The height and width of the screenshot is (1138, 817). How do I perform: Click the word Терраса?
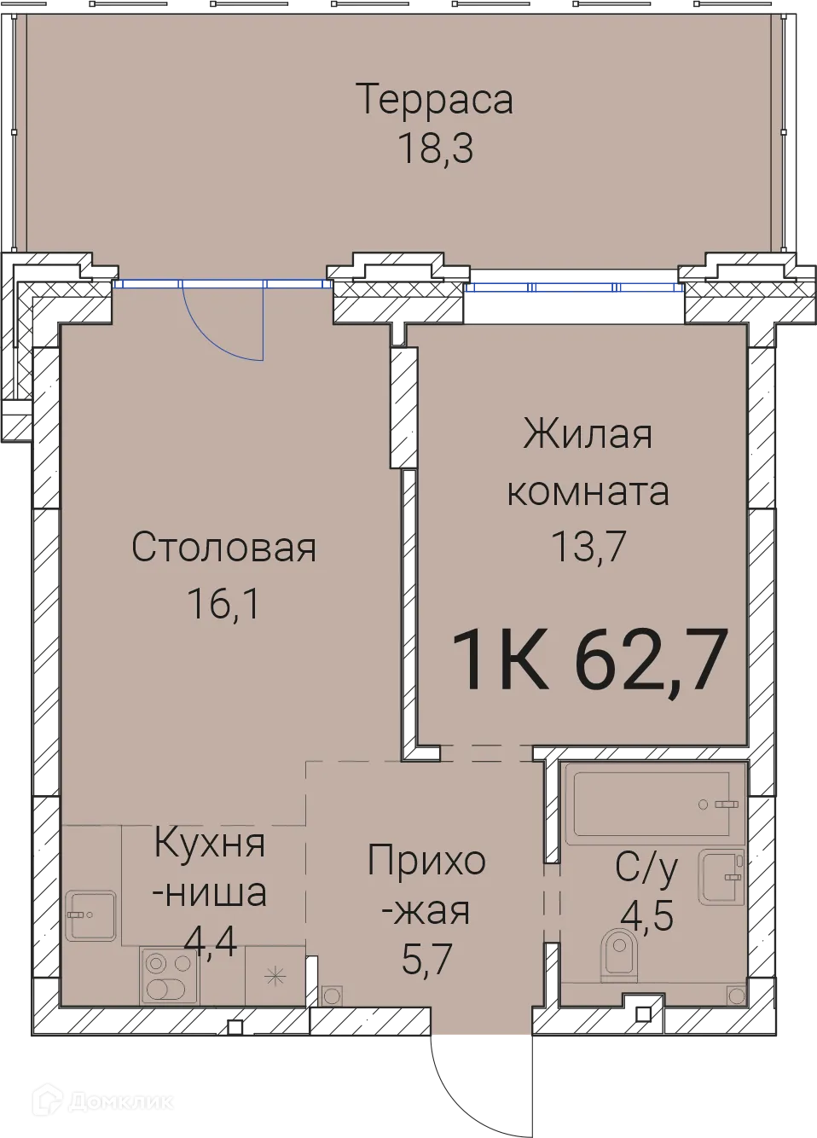coord(434,99)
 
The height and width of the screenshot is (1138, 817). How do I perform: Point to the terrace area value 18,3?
coord(434,148)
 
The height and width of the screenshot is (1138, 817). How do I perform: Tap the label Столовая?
coord(223,548)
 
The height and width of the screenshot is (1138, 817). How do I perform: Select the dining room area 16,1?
coord(223,604)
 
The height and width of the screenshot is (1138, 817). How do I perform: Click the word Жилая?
coord(588,434)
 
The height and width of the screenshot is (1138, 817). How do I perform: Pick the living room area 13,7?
coord(588,546)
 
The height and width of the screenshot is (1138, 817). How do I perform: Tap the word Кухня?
coord(210,844)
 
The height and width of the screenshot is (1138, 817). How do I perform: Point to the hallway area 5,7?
coord(426,961)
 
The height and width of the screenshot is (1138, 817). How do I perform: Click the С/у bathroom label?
coord(647,868)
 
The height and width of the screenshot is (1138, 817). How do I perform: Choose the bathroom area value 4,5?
coord(647,916)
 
